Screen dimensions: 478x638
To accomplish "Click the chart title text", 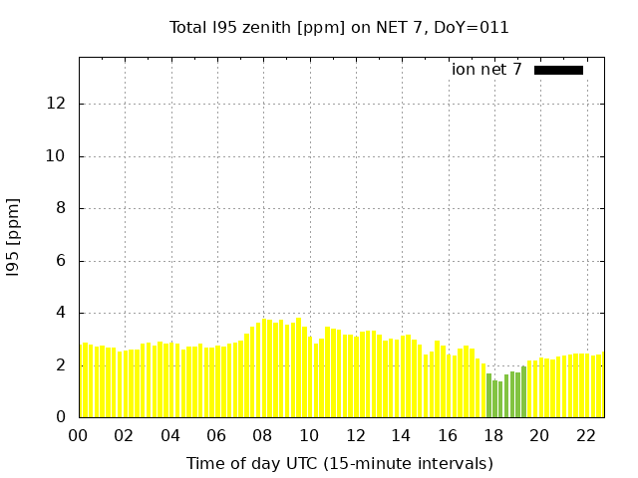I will pyautogui.click(x=339, y=27).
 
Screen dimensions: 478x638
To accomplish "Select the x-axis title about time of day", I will pyautogui.click(x=339, y=463).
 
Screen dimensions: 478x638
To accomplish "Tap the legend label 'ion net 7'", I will pyautogui.click(x=486, y=70).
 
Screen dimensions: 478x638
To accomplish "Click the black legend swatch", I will pyautogui.click(x=558, y=70).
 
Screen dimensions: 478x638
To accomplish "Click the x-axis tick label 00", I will pyautogui.click(x=79, y=435).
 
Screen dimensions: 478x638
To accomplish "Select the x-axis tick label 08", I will pyautogui.click(x=263, y=435).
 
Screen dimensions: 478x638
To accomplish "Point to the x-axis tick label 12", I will pyautogui.click(x=355, y=435).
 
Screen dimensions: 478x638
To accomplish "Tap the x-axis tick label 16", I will pyautogui.click(x=448, y=435).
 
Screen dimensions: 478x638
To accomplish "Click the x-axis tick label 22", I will pyautogui.click(x=586, y=435).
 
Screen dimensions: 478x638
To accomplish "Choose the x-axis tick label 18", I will pyautogui.click(x=493, y=435).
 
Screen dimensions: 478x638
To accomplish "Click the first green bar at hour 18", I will pyautogui.click(x=488, y=396).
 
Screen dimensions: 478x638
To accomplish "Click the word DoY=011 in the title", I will pyautogui.click(x=474, y=27).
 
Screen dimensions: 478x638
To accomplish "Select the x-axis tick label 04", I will pyautogui.click(x=170, y=435).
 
